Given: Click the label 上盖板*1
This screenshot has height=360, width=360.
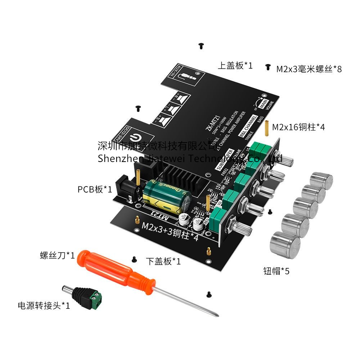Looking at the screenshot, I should [x=235, y=66].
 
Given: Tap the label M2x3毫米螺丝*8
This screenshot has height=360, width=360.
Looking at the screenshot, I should [x=309, y=69].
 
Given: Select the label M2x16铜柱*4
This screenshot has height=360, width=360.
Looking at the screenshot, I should [x=298, y=127].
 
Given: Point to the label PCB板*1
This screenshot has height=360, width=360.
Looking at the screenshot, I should [x=95, y=189].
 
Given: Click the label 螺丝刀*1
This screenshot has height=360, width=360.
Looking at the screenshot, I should [x=57, y=256].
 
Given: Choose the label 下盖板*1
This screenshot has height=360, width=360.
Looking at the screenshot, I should [x=163, y=261].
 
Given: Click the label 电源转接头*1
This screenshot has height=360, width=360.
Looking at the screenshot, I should [x=44, y=306].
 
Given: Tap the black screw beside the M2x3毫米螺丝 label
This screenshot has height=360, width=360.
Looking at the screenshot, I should [x=267, y=67].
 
